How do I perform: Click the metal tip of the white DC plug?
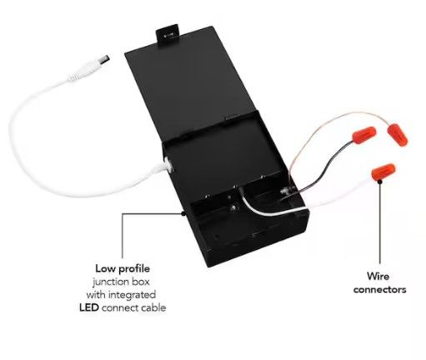[x=103, y=60]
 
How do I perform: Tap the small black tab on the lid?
[x=167, y=35]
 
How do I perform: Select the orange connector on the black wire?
[x=364, y=135]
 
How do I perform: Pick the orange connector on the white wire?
[x=383, y=172]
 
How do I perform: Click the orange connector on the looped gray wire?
[x=398, y=135]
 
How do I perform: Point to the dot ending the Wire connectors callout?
[x=380, y=182]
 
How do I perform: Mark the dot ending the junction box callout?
[x=183, y=213]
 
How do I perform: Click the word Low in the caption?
[x=106, y=268]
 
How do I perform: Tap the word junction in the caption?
[x=108, y=282]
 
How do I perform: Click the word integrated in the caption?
[x=132, y=295]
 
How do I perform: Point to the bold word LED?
[x=89, y=307]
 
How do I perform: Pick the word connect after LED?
[x=120, y=308]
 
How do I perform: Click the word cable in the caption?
[x=153, y=307]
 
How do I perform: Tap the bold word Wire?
[x=378, y=277]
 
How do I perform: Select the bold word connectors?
[x=379, y=290]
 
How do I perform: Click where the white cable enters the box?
[x=168, y=164]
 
